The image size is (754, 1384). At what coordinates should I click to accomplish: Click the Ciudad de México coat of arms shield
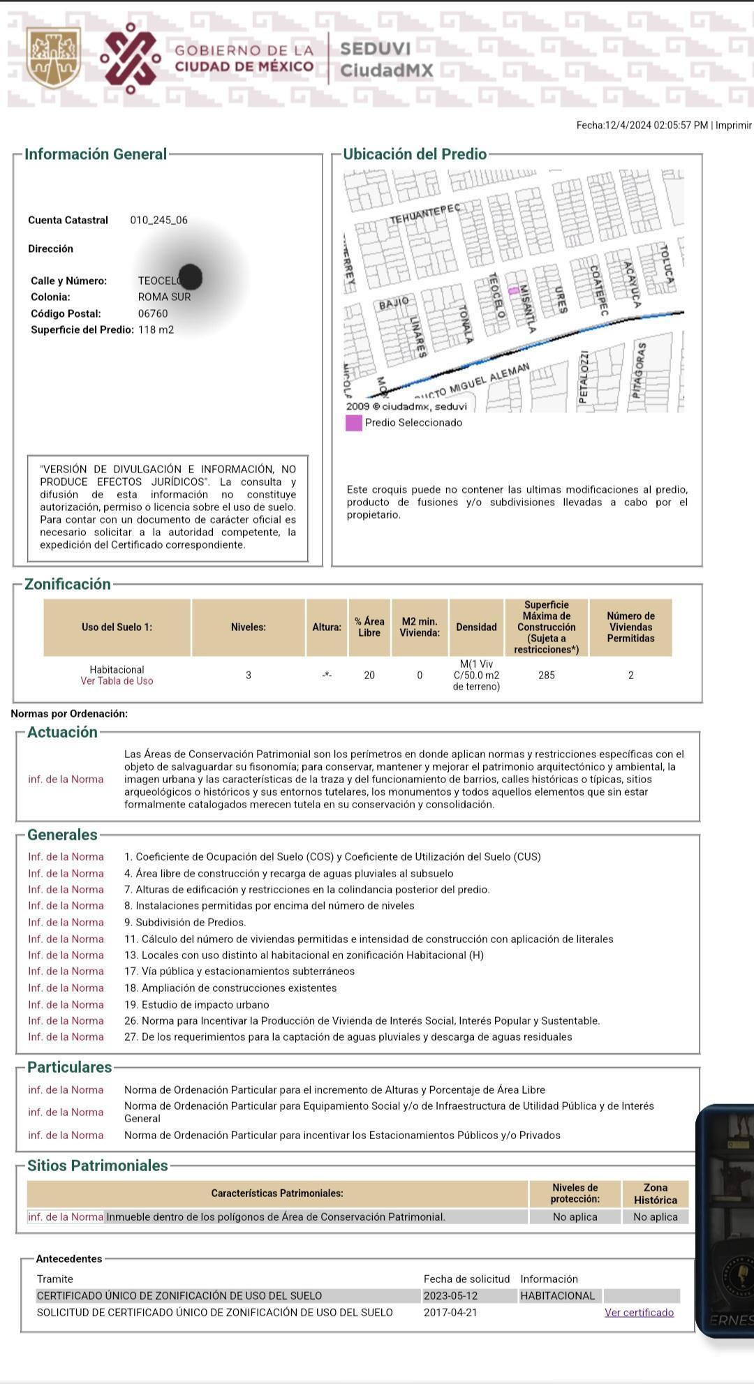click(x=53, y=57)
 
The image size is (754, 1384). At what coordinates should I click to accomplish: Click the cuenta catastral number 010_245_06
click(x=158, y=220)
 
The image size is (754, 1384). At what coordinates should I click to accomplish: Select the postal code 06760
click(x=153, y=313)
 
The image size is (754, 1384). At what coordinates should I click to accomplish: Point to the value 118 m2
click(x=156, y=329)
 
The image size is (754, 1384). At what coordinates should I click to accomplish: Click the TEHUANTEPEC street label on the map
click(x=424, y=214)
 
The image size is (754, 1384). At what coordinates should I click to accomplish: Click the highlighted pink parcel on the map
click(x=513, y=290)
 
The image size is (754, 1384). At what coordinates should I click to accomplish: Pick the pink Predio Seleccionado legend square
click(x=354, y=423)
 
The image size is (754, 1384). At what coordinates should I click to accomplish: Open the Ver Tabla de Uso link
click(x=117, y=681)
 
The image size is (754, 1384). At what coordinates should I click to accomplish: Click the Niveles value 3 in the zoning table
click(x=249, y=675)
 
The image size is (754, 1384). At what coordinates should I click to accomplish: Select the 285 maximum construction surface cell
click(x=547, y=675)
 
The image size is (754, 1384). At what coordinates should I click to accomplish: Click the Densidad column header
click(x=476, y=627)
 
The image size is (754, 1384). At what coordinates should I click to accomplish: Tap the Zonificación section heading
click(x=68, y=584)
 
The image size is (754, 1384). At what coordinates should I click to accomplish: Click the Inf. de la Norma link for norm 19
click(x=66, y=1004)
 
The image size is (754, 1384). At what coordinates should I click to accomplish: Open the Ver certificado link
click(x=639, y=1312)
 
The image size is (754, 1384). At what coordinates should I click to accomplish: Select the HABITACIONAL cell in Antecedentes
click(x=558, y=1295)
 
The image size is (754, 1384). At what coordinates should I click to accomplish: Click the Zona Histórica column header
click(x=655, y=1193)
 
